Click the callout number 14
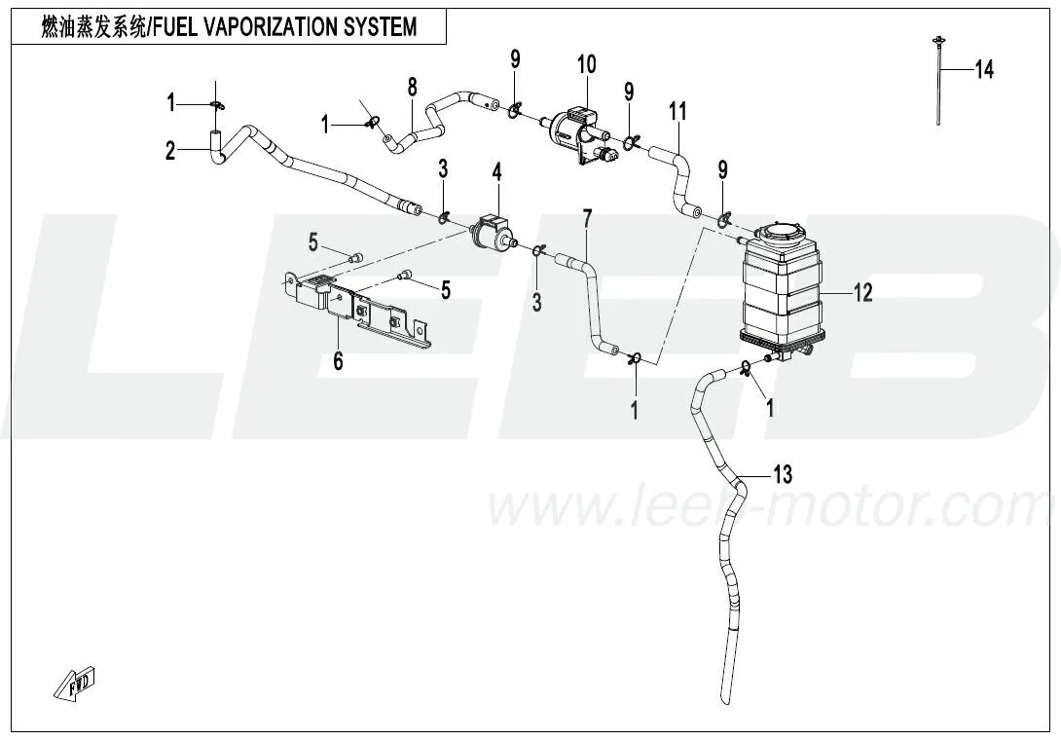coord(983,70)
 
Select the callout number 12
coord(863,291)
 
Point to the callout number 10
coord(586,66)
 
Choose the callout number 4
coord(496,174)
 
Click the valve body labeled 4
coord(494,234)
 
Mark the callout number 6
coord(338,361)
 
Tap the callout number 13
coord(783,474)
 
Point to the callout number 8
coord(412,86)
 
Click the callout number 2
coord(170,150)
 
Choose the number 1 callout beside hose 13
coord(770,410)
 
